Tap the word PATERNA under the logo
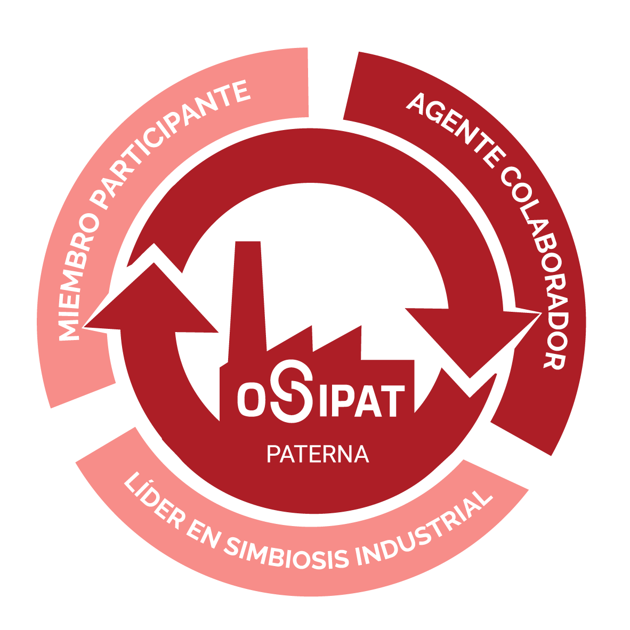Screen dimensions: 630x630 pos(318,454)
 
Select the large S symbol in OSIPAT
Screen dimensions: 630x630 pos(292,391)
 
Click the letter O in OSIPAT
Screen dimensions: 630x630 pos(252,399)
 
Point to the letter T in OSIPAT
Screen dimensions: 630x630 pos(392,401)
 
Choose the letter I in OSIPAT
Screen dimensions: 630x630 pos(323,401)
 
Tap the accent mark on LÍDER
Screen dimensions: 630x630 pos(151,481)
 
